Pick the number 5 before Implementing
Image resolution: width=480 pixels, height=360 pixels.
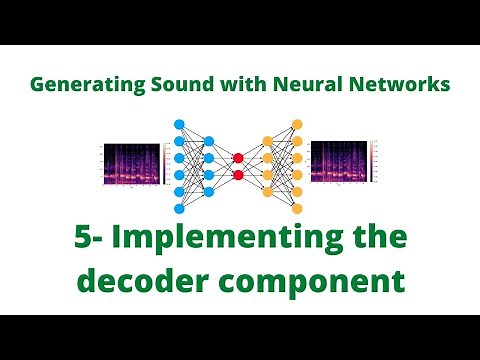[83, 241]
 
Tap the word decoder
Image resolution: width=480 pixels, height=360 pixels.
[137, 283]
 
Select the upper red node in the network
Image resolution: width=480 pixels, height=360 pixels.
[238, 157]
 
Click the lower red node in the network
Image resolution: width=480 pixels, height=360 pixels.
[238, 175]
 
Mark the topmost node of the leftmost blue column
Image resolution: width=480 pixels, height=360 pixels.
[180, 124]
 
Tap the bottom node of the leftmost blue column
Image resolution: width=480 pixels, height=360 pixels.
[180, 208]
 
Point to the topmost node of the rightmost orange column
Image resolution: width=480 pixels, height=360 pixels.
[296, 124]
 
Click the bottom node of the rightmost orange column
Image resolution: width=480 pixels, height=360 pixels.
[296, 208]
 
